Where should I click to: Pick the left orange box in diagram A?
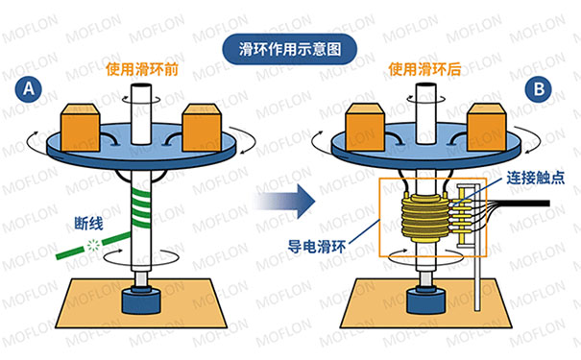85,124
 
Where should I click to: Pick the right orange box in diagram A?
205,123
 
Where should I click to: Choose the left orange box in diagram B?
368,124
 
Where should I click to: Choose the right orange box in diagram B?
488,123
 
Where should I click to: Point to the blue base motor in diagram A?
144,300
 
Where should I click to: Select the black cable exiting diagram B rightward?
538,204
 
